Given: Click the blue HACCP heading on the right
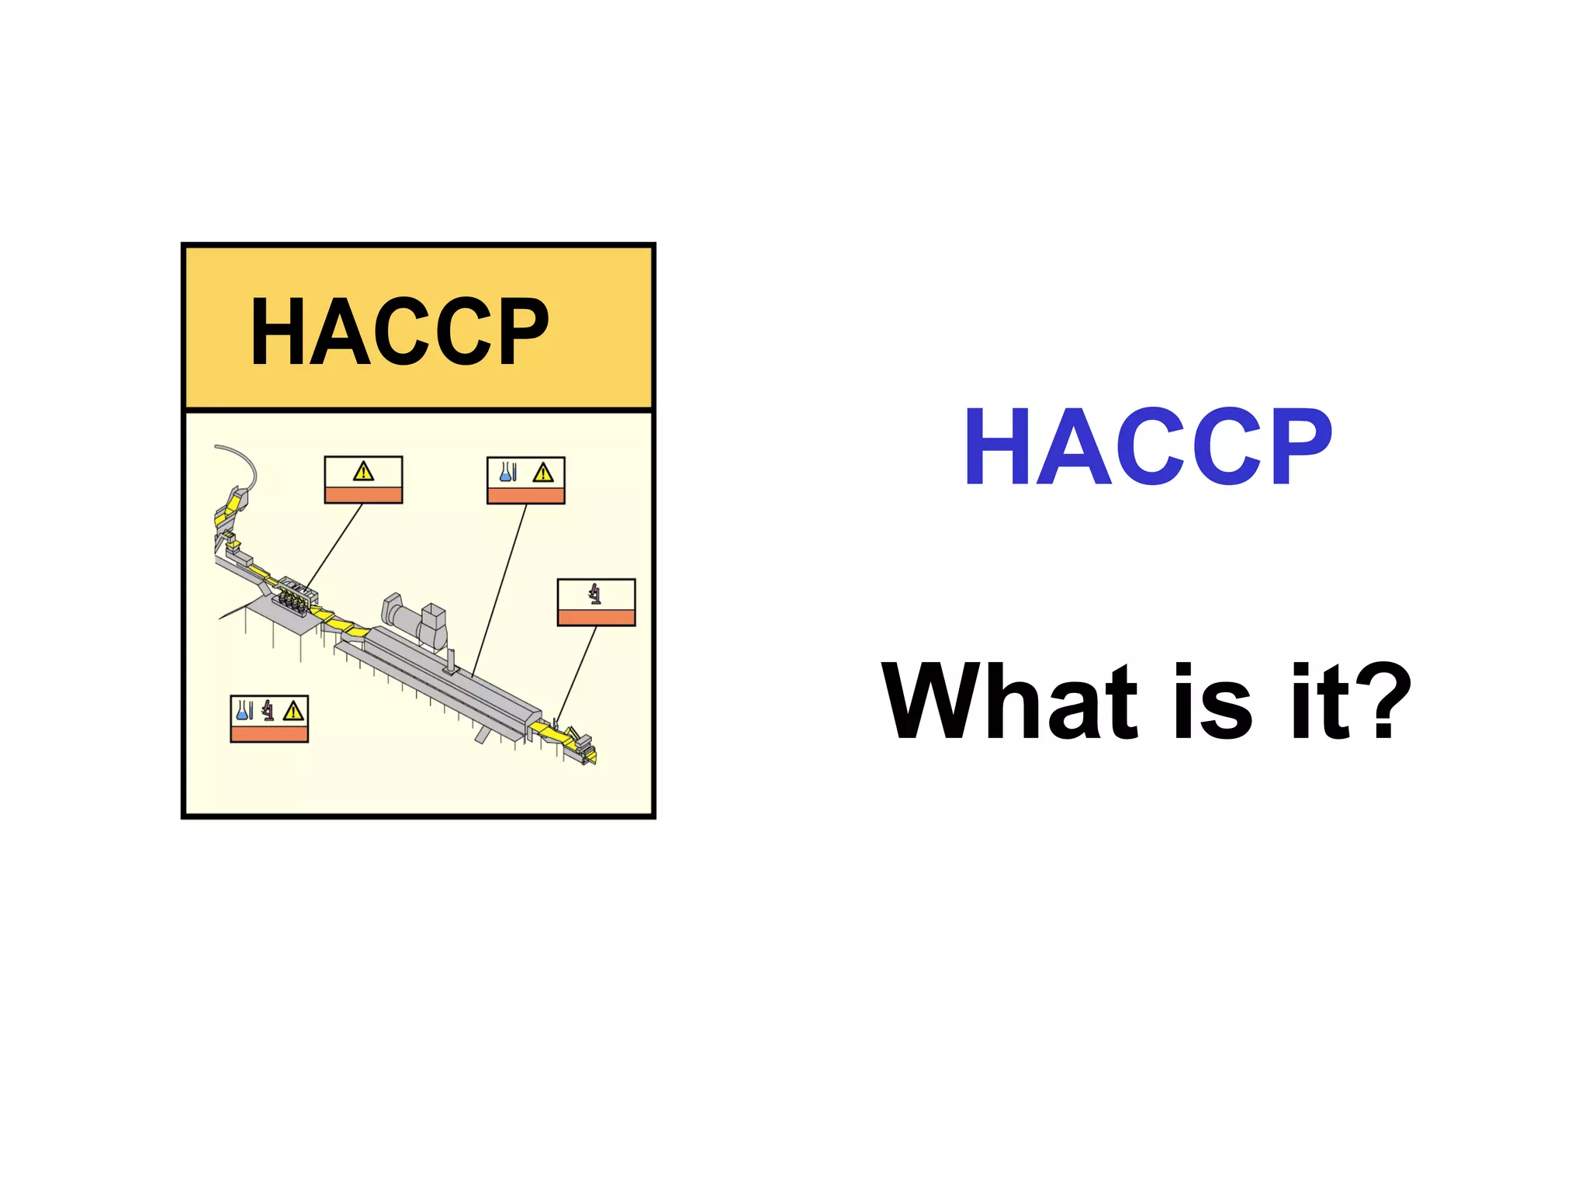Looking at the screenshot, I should click(x=1148, y=447).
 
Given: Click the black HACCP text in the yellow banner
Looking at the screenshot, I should click(x=399, y=331).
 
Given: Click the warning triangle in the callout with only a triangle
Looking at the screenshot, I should click(x=363, y=472).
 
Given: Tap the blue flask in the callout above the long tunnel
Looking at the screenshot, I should click(x=506, y=472).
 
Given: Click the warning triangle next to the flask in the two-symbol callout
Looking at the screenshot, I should click(x=543, y=473).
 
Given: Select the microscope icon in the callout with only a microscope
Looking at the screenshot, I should click(x=595, y=594).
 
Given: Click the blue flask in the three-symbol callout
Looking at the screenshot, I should click(x=243, y=710).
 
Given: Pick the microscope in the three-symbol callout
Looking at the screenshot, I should click(x=268, y=710).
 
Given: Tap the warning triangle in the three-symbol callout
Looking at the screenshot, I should click(x=293, y=711).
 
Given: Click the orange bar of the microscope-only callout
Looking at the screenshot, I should click(x=596, y=617).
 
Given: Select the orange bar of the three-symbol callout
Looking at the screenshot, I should click(x=269, y=733).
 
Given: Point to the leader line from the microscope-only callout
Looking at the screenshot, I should click(x=576, y=673).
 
